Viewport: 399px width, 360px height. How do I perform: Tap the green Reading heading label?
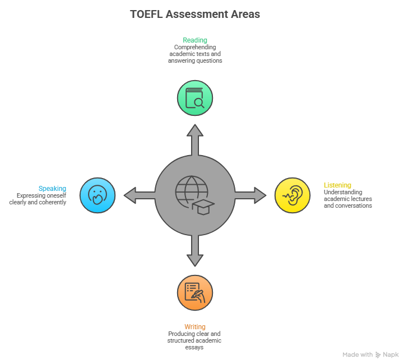195,40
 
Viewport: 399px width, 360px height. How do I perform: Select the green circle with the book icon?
195,99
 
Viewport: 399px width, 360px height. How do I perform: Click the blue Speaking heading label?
52,189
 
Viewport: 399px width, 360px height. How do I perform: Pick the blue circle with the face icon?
98,195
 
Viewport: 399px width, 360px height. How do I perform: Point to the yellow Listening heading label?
337,185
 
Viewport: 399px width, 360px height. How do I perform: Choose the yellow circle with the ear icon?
293,195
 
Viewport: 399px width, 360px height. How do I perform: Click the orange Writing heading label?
195,327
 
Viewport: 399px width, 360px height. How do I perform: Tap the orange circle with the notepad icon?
195,292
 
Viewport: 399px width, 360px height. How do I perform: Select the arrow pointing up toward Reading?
195,138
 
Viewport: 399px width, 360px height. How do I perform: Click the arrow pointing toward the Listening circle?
252,195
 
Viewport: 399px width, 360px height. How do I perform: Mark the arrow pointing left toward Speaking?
137,195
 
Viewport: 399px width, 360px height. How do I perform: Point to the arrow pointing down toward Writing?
195,252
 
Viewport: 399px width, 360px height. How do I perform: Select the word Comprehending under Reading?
195,48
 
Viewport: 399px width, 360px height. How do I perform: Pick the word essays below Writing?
195,347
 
